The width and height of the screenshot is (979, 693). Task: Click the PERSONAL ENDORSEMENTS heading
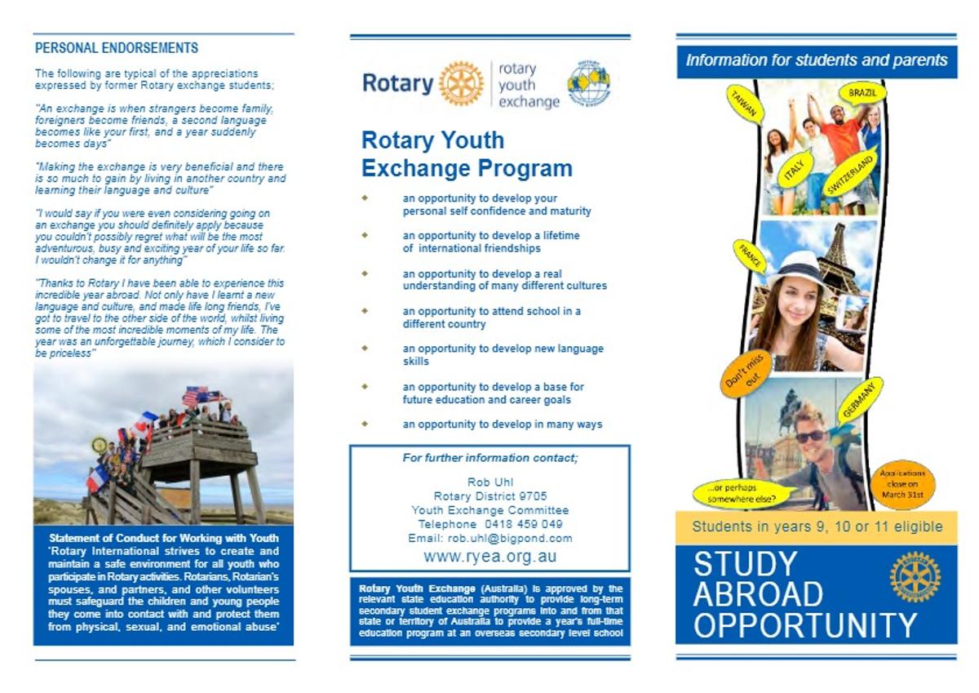(x=117, y=48)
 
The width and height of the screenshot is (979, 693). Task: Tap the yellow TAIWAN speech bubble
(x=744, y=104)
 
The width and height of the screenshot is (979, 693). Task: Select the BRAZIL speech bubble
(x=862, y=92)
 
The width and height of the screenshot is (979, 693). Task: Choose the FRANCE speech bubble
(x=750, y=255)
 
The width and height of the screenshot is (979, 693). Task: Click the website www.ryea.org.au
(x=489, y=557)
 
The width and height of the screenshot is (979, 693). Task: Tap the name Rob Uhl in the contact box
(x=489, y=482)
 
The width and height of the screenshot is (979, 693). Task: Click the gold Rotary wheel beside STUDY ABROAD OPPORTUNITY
(x=915, y=576)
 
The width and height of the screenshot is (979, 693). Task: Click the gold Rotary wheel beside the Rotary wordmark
(x=461, y=83)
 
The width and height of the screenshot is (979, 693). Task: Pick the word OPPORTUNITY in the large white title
(x=804, y=625)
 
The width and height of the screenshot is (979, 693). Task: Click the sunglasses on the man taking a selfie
(x=810, y=437)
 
